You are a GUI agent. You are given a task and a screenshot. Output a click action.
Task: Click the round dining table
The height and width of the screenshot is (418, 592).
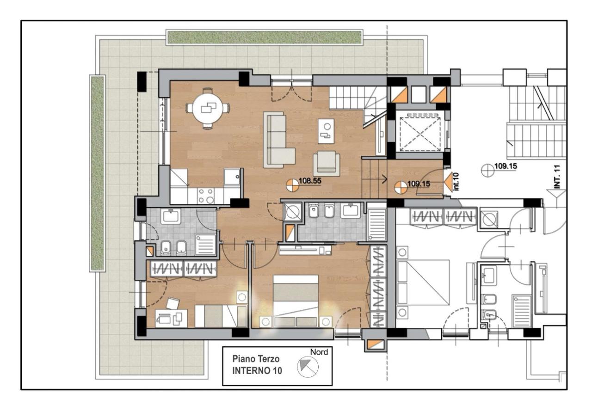tap(208, 108)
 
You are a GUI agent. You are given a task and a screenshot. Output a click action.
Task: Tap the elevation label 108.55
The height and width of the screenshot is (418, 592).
tap(310, 181)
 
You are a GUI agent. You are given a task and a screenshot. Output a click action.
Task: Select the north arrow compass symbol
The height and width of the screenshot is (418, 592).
tap(308, 367)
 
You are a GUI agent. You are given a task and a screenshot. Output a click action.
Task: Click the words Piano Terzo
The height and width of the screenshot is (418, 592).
tap(256, 359)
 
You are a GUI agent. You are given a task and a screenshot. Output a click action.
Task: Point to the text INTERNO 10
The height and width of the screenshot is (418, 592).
tap(257, 371)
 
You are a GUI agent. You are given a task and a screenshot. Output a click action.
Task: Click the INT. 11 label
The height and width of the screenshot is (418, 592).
tap(557, 177)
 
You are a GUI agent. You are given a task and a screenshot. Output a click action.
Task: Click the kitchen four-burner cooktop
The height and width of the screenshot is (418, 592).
tap(206, 196)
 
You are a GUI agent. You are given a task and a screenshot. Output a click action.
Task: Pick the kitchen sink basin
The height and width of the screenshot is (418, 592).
tap(232, 177)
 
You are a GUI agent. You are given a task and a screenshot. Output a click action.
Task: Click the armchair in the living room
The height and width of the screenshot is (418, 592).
tap(326, 163)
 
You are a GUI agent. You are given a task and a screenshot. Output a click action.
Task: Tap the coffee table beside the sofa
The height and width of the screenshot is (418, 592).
tap(326, 131)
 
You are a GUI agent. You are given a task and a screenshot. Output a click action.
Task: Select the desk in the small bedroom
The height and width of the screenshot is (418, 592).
tap(171, 318)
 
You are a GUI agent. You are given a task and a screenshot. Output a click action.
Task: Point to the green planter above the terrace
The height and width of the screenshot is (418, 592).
tap(265, 37)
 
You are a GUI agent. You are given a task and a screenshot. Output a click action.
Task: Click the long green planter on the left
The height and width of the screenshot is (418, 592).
tap(97, 173)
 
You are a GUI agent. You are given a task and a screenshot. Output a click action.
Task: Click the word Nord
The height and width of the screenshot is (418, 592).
tap(319, 352)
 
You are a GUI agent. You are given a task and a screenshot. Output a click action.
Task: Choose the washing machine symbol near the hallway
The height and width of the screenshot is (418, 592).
tap(292, 212)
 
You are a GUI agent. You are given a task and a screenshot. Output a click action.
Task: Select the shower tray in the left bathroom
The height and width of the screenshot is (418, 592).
tap(205, 244)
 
